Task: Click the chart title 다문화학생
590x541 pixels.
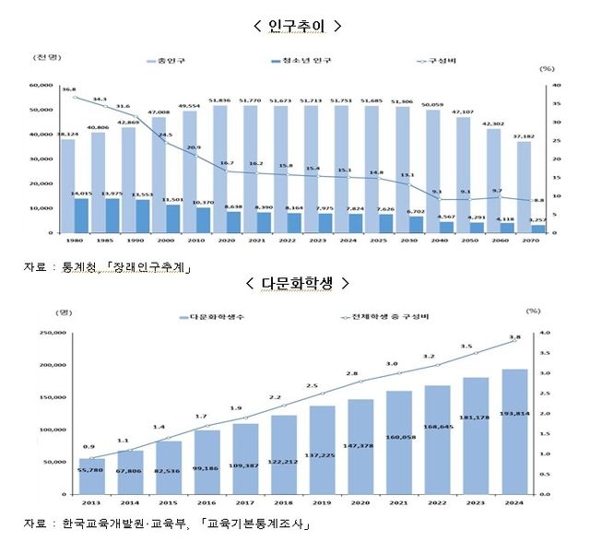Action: coord(296,282)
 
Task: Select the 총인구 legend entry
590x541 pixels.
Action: coord(168,61)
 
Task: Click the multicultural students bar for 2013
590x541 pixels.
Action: coord(92,476)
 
